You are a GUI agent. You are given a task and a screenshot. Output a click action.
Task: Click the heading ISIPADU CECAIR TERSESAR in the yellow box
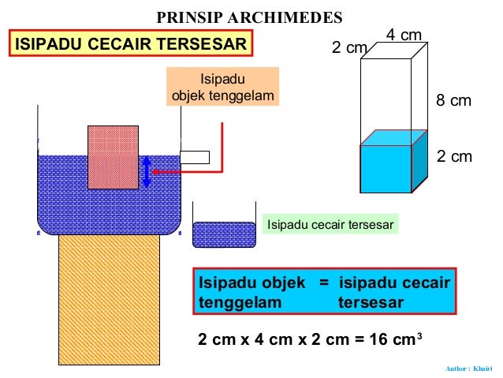[x=132, y=44]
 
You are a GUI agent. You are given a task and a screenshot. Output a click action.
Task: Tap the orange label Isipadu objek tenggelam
[x=223, y=87]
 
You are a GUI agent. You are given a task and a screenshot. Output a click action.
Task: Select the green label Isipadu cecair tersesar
[x=330, y=225]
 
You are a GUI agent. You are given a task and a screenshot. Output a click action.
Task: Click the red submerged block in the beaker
[x=113, y=157]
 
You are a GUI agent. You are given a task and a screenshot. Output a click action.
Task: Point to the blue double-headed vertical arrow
[x=147, y=171]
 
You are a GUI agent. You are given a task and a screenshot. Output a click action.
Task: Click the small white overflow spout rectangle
[x=195, y=157]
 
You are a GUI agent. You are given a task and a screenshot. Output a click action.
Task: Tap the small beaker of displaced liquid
[x=224, y=233]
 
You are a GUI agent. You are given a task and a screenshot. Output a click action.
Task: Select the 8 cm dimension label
[x=453, y=100]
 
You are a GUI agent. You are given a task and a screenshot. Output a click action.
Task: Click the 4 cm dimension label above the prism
[x=404, y=35]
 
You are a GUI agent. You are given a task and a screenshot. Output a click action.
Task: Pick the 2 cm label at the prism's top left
[x=349, y=48]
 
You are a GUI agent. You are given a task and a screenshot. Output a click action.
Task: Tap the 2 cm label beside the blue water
[x=454, y=156]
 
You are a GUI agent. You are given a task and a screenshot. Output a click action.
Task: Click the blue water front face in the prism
[x=386, y=169]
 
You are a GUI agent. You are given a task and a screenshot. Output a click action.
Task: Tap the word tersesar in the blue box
[x=371, y=303]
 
